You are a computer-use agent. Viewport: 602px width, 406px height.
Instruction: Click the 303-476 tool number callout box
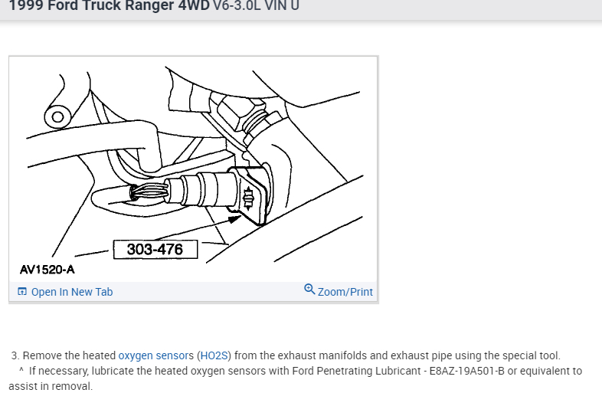click(x=155, y=250)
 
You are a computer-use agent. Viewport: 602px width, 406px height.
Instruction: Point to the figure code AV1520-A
click(x=47, y=270)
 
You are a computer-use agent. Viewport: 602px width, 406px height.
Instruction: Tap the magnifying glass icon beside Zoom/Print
click(x=309, y=290)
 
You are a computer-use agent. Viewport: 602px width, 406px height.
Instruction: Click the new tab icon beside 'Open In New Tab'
click(x=22, y=292)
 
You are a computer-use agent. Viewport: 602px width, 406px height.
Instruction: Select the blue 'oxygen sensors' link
click(x=156, y=355)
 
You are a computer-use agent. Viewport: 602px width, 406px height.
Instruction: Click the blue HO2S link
click(x=214, y=355)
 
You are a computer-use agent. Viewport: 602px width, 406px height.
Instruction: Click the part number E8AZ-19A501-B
click(x=466, y=371)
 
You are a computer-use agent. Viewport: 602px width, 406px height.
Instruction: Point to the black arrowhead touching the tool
click(x=234, y=219)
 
